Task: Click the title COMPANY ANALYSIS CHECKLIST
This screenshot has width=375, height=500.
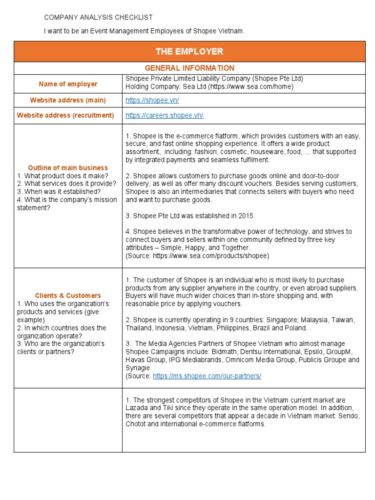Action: pyautogui.click(x=98, y=17)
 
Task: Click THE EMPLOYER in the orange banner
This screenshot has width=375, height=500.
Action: pyautogui.click(x=189, y=51)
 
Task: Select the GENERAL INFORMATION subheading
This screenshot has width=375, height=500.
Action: pyautogui.click(x=189, y=68)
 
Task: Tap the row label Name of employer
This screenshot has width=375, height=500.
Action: pyautogui.click(x=68, y=84)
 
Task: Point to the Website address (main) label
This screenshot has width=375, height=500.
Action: pyautogui.click(x=68, y=100)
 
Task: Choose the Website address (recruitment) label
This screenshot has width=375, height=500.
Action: pyautogui.click(x=65, y=115)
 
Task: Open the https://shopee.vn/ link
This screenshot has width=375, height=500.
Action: pyautogui.click(x=152, y=100)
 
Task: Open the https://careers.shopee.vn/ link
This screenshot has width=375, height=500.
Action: pyautogui.click(x=164, y=115)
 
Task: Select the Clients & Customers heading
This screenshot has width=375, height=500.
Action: pyautogui.click(x=68, y=295)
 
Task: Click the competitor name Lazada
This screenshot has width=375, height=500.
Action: pyautogui.click(x=138, y=408)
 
